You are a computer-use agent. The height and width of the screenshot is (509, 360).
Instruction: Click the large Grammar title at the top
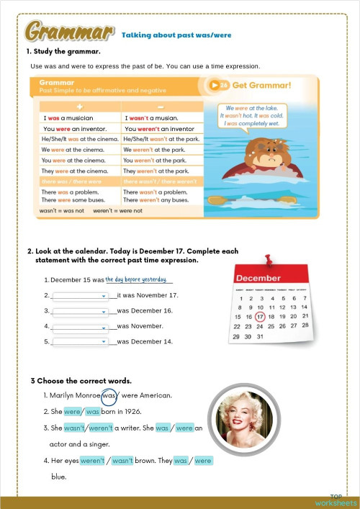69,32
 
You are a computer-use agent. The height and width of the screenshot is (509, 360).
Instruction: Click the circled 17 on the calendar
261,317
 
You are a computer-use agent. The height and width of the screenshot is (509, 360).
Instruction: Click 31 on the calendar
261,336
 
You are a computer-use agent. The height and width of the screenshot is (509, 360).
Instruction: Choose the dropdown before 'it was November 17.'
80,295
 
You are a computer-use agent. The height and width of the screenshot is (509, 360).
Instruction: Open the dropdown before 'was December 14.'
80,341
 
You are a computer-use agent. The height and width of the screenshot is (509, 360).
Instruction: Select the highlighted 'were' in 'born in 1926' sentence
72,412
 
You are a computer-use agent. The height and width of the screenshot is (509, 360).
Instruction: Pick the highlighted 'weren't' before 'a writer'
101,428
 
